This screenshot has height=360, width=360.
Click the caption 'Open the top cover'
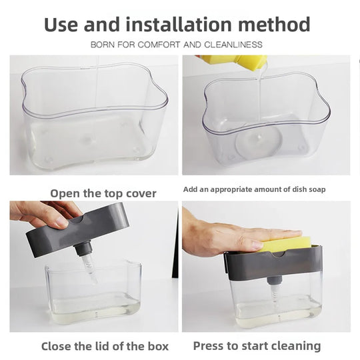[103, 193]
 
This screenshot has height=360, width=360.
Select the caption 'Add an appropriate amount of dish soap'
[255, 190]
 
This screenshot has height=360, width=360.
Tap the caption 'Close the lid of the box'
[105, 346]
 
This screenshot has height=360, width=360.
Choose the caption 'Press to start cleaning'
[257, 346]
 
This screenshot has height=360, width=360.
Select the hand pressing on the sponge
[220, 237]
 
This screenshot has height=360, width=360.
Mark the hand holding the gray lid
[40, 213]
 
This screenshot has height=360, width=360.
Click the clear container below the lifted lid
[93, 293]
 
